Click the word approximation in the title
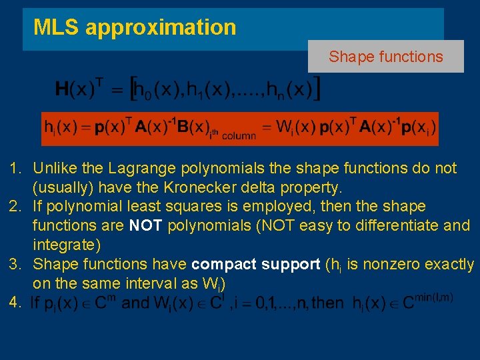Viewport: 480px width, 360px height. pyautogui.click(x=161, y=28)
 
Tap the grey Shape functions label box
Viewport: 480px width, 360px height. pyautogui.click(x=385, y=57)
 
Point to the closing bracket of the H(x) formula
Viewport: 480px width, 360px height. pyautogui.click(x=317, y=87)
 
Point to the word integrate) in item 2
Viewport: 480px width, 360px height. pyautogui.click(x=67, y=245)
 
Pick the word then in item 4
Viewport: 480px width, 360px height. pyautogui.click(x=328, y=303)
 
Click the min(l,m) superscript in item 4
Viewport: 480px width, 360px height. pyautogui.click(x=433, y=296)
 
